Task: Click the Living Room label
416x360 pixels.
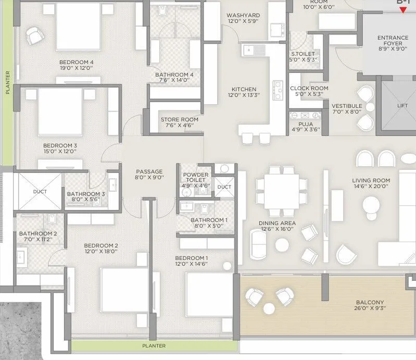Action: (371, 180)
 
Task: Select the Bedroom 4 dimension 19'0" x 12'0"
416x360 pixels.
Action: (76, 67)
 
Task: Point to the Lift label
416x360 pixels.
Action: (402, 105)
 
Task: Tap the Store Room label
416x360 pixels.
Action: (179, 119)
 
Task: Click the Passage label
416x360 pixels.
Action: (149, 171)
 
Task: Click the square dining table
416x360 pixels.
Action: (281, 185)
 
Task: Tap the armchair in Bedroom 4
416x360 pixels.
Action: (35, 35)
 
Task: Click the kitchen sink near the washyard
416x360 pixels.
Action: (254, 50)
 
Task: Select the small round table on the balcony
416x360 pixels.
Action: (270, 306)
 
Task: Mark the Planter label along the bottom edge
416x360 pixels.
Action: (155, 345)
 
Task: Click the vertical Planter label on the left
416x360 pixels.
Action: (7, 82)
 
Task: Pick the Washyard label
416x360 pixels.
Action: (243, 16)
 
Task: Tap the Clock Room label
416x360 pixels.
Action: (309, 89)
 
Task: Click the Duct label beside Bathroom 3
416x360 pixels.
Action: (40, 191)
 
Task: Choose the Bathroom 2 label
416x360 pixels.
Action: (38, 233)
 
